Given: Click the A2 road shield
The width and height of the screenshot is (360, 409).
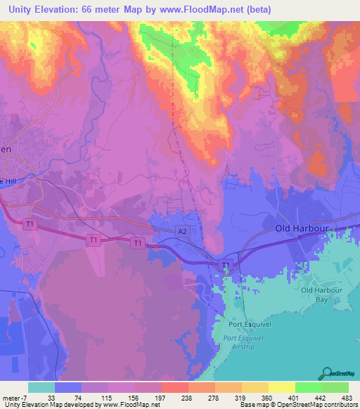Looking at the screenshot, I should [x=182, y=231].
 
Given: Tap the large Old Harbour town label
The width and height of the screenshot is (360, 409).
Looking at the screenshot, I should [x=302, y=229].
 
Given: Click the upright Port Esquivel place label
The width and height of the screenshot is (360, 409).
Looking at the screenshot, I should [x=244, y=325].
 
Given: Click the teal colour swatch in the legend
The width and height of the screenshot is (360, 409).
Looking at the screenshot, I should [x=41, y=387].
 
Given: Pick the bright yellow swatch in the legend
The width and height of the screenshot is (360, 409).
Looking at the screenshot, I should [x=281, y=387].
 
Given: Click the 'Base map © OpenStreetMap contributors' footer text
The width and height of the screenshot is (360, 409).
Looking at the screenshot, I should [x=298, y=405].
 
